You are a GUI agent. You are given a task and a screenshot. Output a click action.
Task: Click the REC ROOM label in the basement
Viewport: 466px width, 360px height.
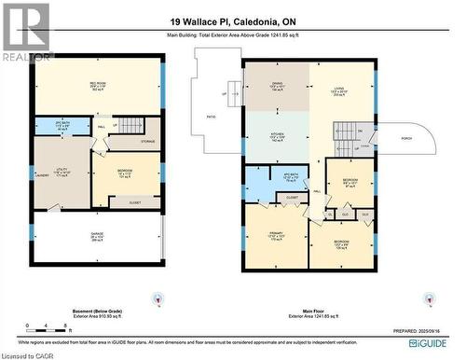97,84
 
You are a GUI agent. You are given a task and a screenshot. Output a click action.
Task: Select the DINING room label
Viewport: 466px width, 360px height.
277,85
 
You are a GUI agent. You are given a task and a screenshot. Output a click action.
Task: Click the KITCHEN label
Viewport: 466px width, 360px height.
277,135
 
